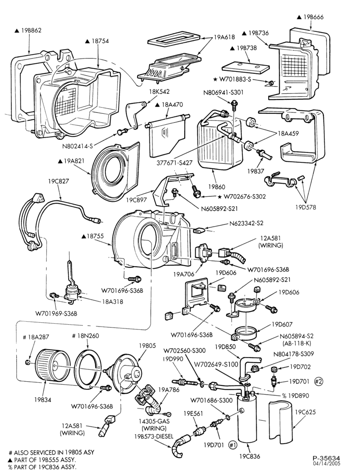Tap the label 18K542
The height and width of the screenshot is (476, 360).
159,91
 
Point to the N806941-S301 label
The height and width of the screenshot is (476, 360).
223,92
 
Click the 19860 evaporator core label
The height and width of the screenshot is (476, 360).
215,187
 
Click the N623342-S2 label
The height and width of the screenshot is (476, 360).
246,223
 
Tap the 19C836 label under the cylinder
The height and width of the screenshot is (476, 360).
250,456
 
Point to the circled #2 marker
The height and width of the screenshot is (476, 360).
318,381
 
